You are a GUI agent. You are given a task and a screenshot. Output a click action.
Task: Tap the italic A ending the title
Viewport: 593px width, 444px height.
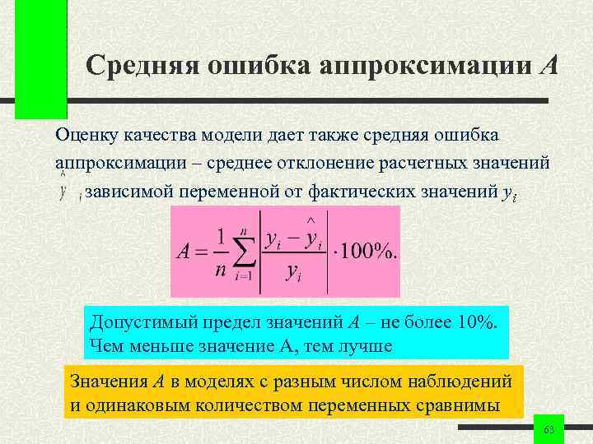tap(549, 65)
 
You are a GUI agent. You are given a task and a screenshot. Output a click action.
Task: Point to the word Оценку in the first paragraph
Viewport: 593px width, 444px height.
tap(89, 134)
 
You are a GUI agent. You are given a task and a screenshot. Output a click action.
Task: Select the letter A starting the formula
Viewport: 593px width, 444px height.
tap(184, 252)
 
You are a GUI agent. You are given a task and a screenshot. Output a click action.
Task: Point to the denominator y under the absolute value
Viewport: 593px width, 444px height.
tap(292, 272)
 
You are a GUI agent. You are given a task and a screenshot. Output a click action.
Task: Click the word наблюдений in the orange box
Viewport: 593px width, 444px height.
tap(464, 382)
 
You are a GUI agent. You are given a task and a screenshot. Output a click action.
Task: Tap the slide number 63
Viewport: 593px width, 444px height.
tap(549, 431)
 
